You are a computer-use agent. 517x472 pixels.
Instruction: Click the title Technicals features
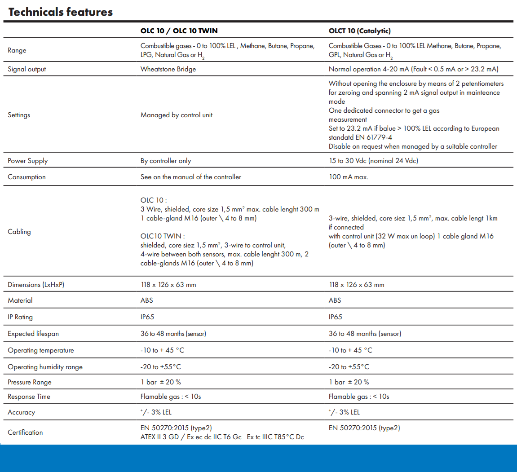point(61,12)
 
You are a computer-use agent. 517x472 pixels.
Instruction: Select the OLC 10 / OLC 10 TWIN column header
point(179,31)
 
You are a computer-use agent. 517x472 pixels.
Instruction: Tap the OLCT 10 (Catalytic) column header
point(359,31)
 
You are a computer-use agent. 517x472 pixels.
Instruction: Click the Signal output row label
point(27,69)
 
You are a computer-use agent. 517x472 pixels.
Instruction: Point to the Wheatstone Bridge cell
point(168,69)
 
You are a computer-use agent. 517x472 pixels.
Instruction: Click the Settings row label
point(19,115)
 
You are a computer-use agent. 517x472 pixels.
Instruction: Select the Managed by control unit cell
point(177,115)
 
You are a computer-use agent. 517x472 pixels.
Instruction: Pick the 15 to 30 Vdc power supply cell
point(373,161)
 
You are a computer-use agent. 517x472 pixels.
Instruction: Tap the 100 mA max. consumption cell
point(348,177)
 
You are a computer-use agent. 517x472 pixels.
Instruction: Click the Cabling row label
point(19,232)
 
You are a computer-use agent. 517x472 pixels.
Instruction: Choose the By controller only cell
point(166,161)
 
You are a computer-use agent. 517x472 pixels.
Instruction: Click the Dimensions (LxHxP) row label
point(36,285)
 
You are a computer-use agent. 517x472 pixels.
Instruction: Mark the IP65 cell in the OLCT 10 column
point(336,317)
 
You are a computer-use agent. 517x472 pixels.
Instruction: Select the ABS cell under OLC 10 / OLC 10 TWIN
point(146,300)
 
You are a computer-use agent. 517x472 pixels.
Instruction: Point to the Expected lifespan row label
point(33,334)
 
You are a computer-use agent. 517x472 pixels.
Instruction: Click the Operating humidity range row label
point(45,367)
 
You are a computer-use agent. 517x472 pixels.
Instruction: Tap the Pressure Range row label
point(30,382)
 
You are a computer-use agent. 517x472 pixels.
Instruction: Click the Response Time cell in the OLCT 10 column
point(359,397)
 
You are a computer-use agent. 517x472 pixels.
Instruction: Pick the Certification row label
point(25,432)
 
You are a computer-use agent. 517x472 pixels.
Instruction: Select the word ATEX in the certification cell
point(148,437)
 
